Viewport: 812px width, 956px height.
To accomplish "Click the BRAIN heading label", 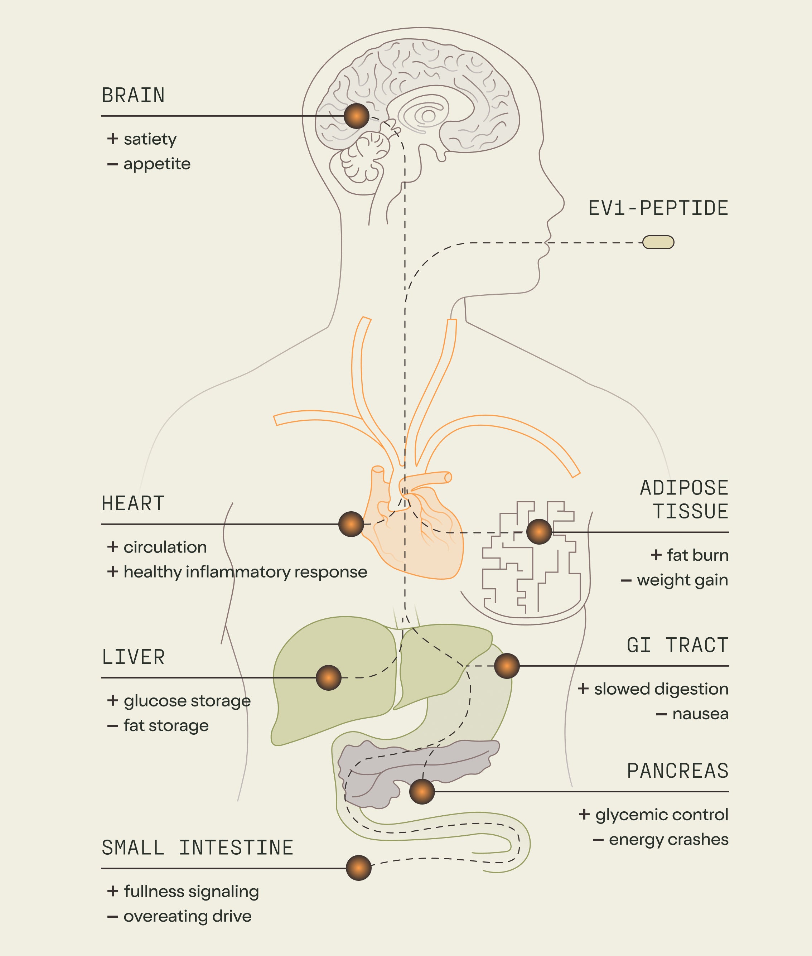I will (133, 96).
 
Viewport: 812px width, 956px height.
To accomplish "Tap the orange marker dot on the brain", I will (357, 116).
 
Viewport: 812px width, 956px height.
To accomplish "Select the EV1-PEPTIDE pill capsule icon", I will (658, 242).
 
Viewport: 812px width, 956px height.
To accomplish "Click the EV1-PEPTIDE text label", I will (658, 208).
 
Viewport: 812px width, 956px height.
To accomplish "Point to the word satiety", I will (150, 139).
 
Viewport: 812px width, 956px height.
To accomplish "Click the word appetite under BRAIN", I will (157, 164).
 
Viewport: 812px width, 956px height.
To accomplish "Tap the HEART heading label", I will (133, 503).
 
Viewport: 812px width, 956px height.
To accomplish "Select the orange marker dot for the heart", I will (351, 524).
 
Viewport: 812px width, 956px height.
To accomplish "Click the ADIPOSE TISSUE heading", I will (684, 499).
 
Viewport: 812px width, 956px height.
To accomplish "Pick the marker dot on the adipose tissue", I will (539, 532).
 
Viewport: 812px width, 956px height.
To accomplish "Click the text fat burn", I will (697, 555).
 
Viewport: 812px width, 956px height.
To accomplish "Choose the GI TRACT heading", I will (678, 645).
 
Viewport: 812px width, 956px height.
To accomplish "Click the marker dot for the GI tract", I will (507, 666).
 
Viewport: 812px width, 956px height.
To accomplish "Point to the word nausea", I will (700, 714).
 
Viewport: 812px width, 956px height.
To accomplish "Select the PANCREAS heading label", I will (678, 771).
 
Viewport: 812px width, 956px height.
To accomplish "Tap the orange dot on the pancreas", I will (422, 792).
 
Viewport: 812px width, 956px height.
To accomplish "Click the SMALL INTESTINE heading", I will (198, 848).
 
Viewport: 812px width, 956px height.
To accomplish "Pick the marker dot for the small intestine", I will (359, 868).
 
